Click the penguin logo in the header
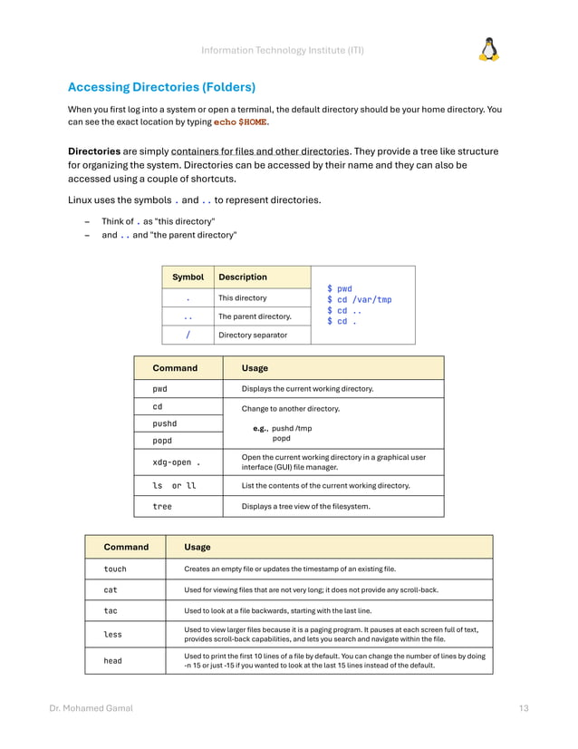click(488, 49)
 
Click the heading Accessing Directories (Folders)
click(161, 87)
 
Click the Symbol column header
click(188, 277)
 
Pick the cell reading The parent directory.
click(255, 316)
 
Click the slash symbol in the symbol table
click(188, 335)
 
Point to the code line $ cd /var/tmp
click(359, 299)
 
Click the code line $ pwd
click(339, 288)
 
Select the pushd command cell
click(165, 423)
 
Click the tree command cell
click(162, 506)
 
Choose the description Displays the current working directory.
click(307, 389)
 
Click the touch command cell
click(115, 569)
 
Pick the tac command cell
click(111, 610)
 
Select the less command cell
click(112, 635)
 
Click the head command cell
click(112, 660)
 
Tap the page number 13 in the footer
click(524, 708)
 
